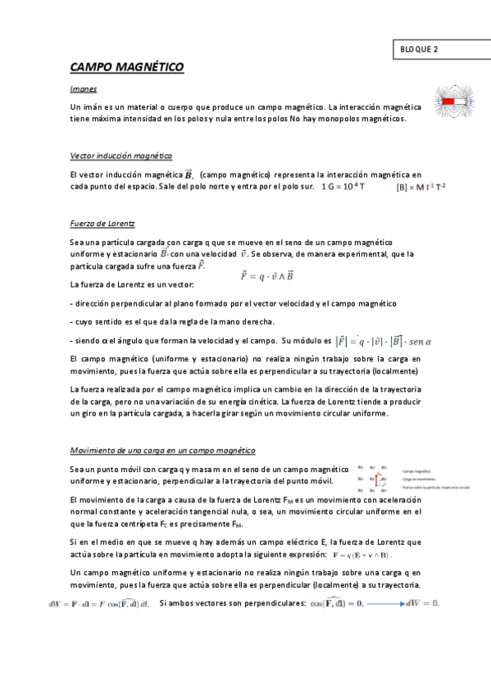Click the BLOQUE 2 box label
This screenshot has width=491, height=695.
[420, 48]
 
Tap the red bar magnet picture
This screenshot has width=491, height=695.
[454, 102]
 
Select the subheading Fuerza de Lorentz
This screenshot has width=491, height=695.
[102, 223]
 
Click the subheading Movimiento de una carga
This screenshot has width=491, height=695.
[163, 451]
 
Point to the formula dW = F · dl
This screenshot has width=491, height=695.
[99, 604]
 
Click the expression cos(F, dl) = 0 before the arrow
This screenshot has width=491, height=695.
[336, 604]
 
